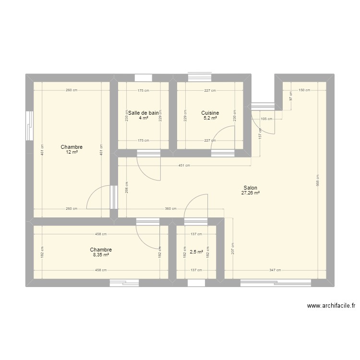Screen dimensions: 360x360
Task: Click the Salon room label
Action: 250,188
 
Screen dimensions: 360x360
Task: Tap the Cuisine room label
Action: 210,113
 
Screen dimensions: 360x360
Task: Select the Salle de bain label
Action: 143,113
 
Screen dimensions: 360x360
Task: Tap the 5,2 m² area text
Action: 210,118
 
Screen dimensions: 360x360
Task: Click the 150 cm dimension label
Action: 302,90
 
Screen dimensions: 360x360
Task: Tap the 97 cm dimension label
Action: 290,96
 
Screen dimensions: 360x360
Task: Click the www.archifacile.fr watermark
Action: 331,306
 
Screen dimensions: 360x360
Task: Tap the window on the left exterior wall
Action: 29,126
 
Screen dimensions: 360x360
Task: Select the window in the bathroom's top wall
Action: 143,78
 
